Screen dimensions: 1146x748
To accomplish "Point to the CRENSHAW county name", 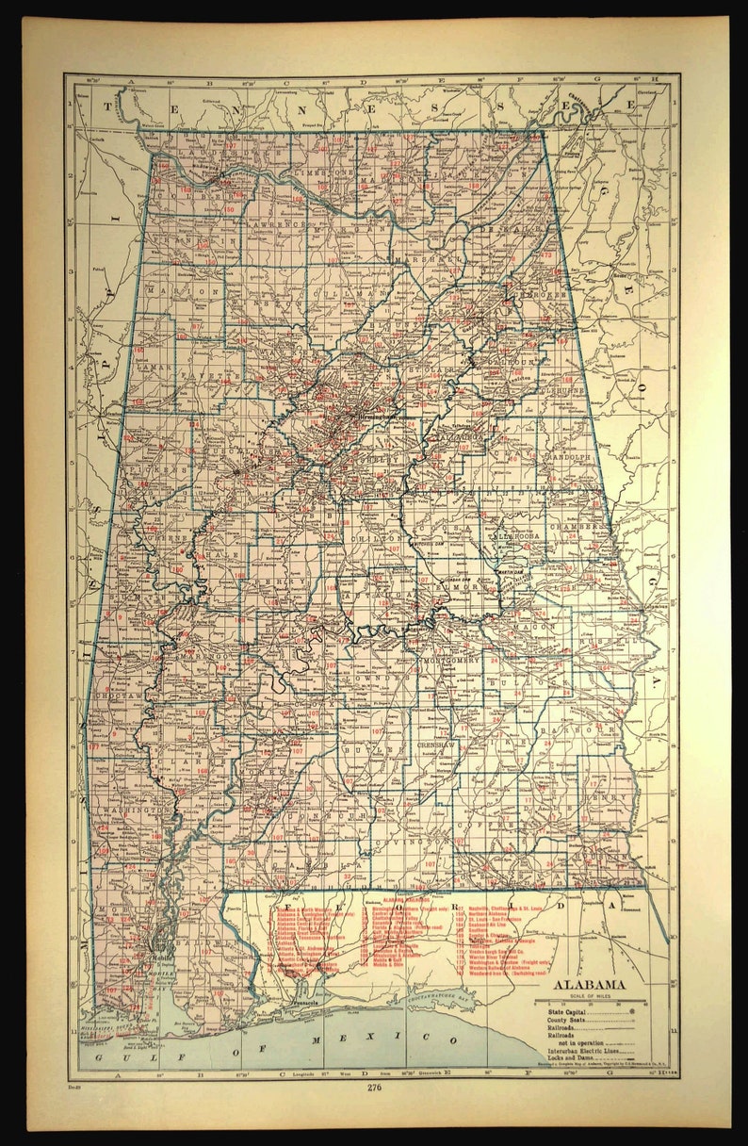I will (x=436, y=745).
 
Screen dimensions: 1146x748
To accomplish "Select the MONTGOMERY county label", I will (x=455, y=661).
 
